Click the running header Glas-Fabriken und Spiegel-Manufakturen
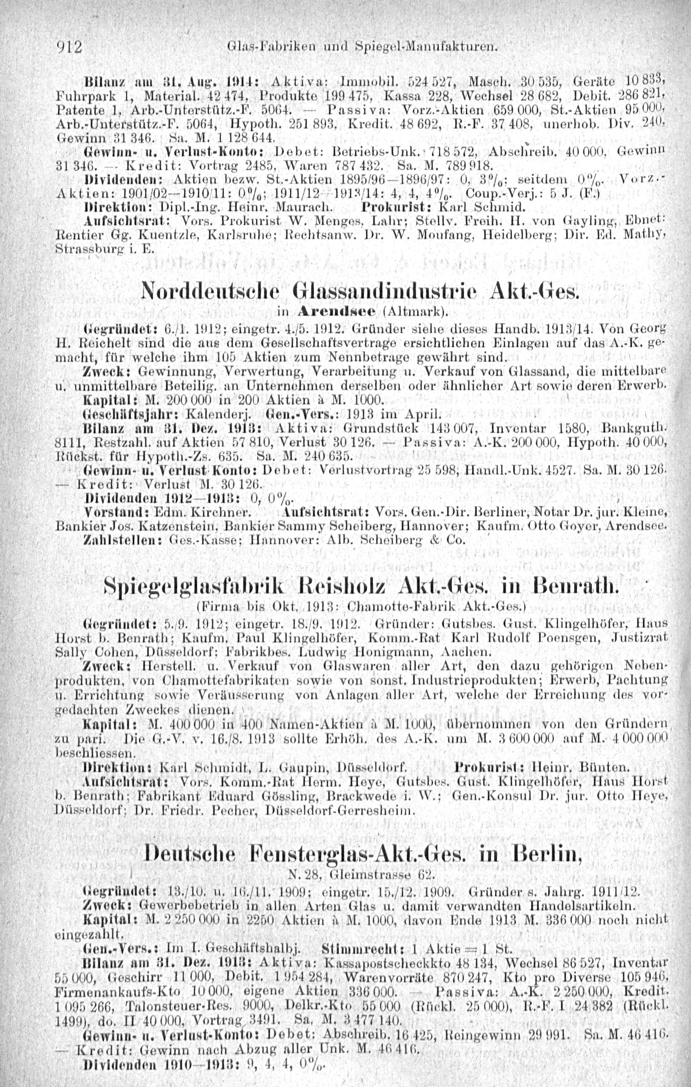(362, 46)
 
